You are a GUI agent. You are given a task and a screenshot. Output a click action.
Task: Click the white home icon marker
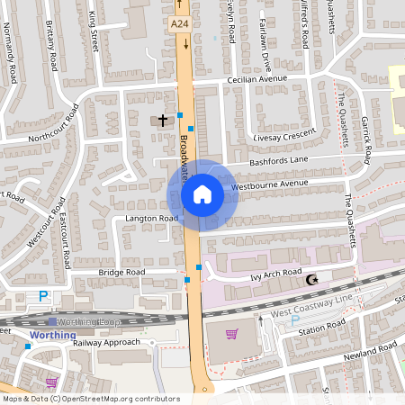pos(202,194)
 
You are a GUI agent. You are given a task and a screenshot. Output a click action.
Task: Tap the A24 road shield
pos(179,26)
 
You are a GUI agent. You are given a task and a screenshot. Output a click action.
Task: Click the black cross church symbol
pos(163,120)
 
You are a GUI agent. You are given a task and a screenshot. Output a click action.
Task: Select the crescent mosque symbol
pos(313,281)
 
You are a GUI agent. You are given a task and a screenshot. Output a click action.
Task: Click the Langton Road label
pos(152,219)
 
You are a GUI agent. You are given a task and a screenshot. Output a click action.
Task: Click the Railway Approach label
pos(107,342)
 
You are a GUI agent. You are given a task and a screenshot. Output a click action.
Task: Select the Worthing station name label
pos(47,335)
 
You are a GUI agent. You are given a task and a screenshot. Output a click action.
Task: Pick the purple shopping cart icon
pos(232,334)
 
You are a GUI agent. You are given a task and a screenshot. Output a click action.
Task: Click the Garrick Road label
pos(366,144)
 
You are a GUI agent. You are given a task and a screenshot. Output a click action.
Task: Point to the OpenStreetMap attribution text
pos(91,399)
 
